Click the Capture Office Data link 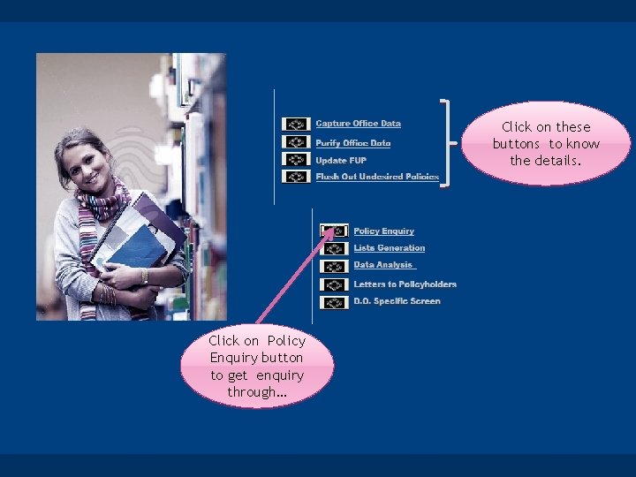click(358, 124)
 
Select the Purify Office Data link click(352, 142)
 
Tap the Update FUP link click(340, 160)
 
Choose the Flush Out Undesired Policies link click(377, 177)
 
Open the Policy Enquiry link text click(383, 231)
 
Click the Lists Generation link click(389, 248)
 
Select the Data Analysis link click(384, 265)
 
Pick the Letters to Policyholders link click(405, 284)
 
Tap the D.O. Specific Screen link click(397, 301)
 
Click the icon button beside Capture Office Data click(296, 125)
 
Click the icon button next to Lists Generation click(334, 249)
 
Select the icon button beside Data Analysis click(334, 266)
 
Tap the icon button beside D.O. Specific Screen click(334, 302)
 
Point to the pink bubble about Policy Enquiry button click(256, 366)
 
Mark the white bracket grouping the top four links click(449, 142)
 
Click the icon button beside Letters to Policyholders click(334, 284)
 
